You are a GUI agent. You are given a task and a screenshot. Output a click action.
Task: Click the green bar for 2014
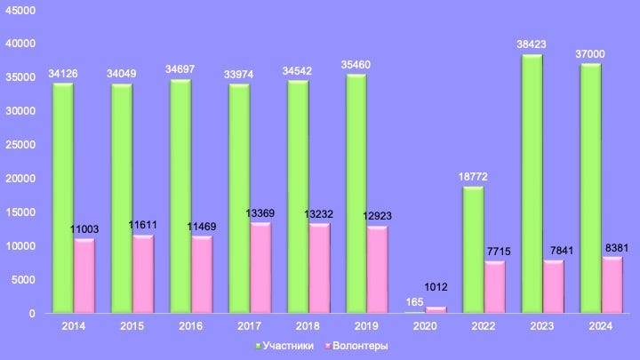(63, 198)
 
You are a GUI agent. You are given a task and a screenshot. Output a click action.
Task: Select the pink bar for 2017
(260, 268)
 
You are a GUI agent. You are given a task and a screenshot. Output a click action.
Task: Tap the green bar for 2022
(473, 250)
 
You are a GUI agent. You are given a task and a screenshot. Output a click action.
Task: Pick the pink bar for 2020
(436, 310)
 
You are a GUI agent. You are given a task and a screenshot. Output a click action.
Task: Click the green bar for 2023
(532, 184)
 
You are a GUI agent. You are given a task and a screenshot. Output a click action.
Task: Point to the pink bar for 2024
(612, 285)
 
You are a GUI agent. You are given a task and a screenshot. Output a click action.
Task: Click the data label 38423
(532, 44)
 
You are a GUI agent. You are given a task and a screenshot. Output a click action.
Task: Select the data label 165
(415, 302)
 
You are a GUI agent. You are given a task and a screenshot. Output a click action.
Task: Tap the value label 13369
(260, 213)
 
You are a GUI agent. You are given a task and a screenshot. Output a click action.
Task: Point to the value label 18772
(473, 177)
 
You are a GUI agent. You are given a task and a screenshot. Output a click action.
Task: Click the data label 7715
(499, 252)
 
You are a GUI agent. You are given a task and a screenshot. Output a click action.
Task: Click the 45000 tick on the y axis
(20, 10)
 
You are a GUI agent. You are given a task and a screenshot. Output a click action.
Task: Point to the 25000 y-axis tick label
(20, 145)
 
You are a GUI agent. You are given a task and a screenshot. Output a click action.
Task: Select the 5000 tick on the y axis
(23, 280)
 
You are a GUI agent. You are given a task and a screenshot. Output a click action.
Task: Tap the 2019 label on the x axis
(366, 326)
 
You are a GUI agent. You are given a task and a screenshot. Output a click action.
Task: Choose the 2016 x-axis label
(190, 326)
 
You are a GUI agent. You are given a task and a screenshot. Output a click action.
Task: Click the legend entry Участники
(284, 346)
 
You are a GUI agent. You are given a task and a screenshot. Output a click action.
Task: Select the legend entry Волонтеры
(356, 346)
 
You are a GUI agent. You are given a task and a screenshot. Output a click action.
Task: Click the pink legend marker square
(328, 347)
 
